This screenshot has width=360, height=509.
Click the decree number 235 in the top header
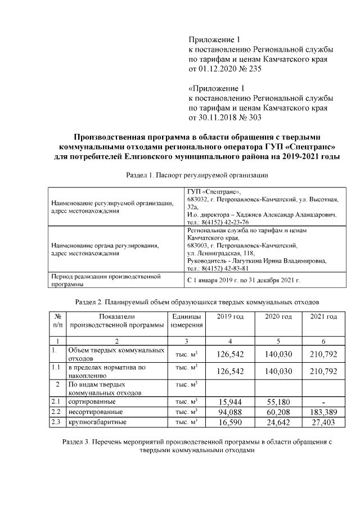pyautogui.click(x=254, y=69)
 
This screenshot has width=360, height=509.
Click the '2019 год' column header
pyautogui.click(x=229, y=317)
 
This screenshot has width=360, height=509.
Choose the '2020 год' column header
pyautogui.click(x=278, y=317)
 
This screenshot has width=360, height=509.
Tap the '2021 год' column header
pyautogui.click(x=323, y=317)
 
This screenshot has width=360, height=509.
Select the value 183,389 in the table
pyautogui.click(x=323, y=412)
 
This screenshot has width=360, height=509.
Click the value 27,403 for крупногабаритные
pyautogui.click(x=323, y=422)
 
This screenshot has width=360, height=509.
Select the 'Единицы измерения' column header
pyautogui.click(x=186, y=321)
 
